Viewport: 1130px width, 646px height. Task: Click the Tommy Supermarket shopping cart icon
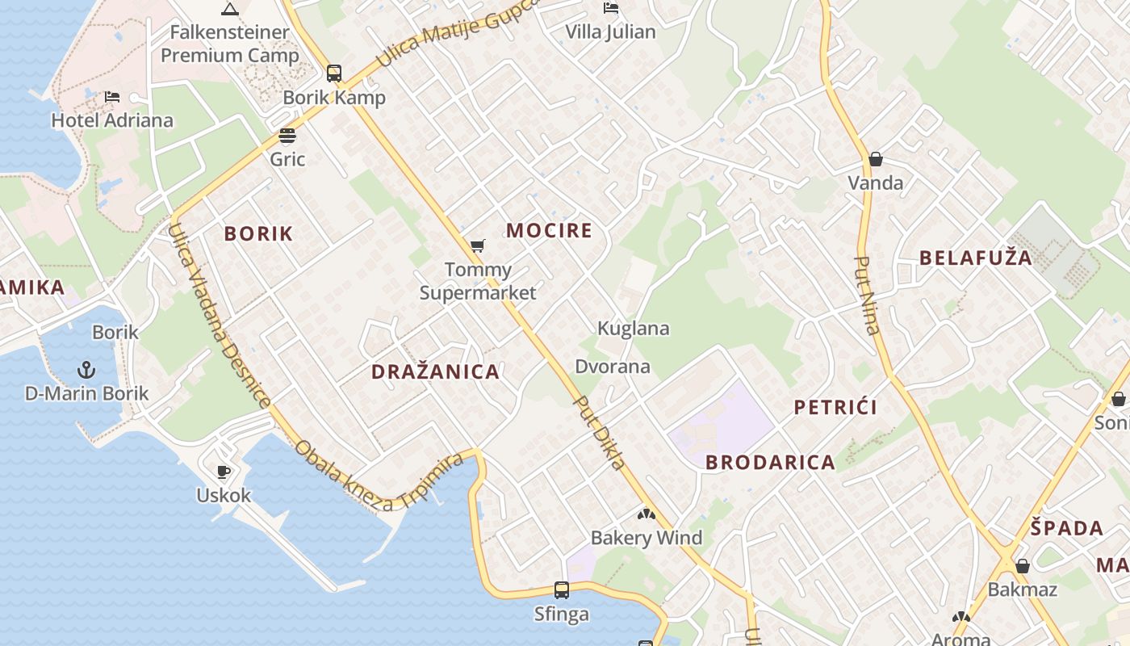(478, 245)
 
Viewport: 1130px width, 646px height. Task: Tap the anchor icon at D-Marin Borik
(86, 370)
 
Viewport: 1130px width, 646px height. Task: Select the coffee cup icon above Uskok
(224, 472)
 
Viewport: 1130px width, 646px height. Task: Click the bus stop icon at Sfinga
(562, 590)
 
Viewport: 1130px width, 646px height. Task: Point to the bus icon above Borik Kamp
(334, 73)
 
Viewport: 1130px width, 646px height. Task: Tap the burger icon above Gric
(287, 135)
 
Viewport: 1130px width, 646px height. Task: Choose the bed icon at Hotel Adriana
(112, 97)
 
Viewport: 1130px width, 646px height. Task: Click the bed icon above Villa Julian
(611, 8)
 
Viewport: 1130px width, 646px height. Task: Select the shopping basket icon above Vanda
(876, 159)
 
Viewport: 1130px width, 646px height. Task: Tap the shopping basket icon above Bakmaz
(1023, 566)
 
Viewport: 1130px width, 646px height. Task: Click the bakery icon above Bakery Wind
(647, 514)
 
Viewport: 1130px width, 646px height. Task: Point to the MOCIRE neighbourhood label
(550, 231)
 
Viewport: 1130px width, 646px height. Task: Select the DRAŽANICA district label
(435, 372)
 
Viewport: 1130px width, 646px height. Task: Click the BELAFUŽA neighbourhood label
(976, 258)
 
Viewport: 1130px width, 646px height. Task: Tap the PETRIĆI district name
(835, 407)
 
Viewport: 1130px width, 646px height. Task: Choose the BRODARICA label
(770, 463)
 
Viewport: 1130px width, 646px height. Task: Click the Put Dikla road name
(599, 433)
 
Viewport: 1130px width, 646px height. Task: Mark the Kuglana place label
(634, 329)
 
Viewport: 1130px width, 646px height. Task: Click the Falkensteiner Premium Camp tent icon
(230, 10)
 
